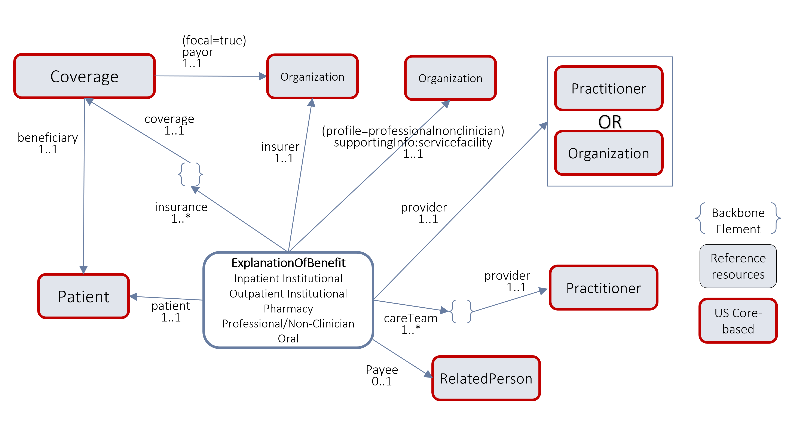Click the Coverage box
pyautogui.click(x=84, y=76)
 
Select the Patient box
pyautogui.click(x=84, y=296)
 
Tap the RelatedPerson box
pyautogui.click(x=486, y=378)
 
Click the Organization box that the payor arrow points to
pyautogui.click(x=312, y=76)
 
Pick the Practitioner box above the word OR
pyautogui.click(x=608, y=89)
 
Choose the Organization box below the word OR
pyautogui.click(x=608, y=153)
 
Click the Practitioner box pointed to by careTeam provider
pyautogui.click(x=603, y=288)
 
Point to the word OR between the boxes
pyautogui.click(x=610, y=122)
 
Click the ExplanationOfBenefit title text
pyautogui.click(x=288, y=263)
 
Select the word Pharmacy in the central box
pyautogui.click(x=288, y=309)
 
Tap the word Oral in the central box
pyautogui.click(x=288, y=338)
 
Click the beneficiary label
pyautogui.click(x=48, y=138)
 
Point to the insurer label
pyautogui.click(x=280, y=147)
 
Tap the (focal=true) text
pyautogui.click(x=214, y=40)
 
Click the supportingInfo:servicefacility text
pyautogui.click(x=413, y=142)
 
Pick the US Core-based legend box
pyautogui.click(x=738, y=321)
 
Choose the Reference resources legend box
pyautogui.click(x=738, y=266)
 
